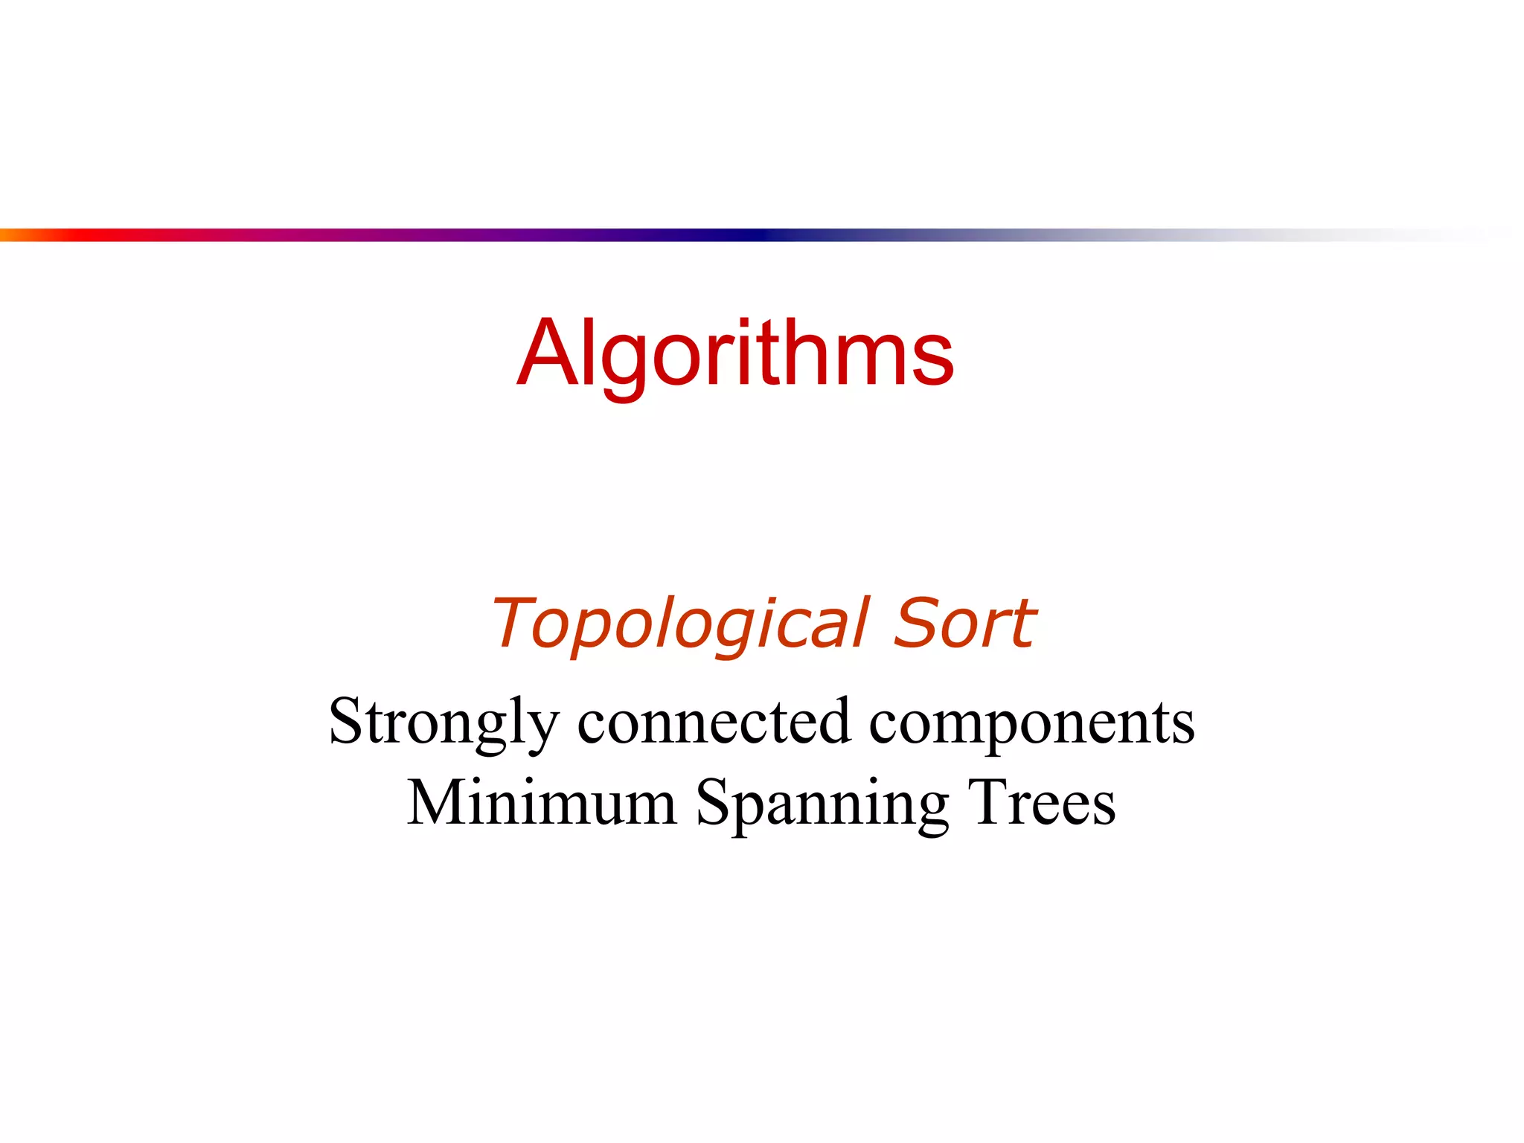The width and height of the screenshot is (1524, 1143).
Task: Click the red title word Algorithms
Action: (x=735, y=353)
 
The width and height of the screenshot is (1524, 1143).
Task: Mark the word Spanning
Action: (x=822, y=804)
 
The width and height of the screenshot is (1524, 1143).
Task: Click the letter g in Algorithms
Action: (x=624, y=365)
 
